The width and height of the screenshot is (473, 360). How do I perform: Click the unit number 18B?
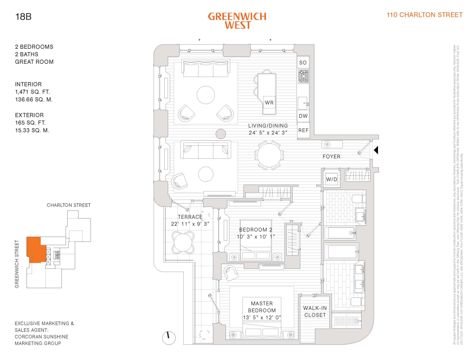click(x=23, y=17)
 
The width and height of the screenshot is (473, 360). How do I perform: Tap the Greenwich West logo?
click(x=237, y=21)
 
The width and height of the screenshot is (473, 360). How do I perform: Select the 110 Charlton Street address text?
click(x=424, y=15)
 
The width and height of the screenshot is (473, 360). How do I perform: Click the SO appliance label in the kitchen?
click(x=303, y=63)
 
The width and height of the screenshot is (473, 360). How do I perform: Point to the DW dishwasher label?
click(x=303, y=116)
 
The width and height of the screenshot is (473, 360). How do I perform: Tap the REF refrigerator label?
click(x=303, y=130)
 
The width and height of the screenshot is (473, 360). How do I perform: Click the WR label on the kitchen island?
click(x=269, y=103)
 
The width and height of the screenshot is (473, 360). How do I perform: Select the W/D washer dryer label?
click(x=332, y=179)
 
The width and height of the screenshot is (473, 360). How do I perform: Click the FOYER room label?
click(x=331, y=157)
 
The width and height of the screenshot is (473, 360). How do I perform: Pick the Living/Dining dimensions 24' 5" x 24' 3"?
click(x=268, y=132)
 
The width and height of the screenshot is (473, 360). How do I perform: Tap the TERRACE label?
click(x=190, y=217)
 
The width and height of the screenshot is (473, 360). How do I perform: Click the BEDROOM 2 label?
click(x=256, y=230)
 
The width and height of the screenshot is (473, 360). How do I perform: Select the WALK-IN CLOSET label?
click(x=315, y=311)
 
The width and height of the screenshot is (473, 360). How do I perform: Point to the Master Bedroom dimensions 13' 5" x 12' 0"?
click(x=262, y=318)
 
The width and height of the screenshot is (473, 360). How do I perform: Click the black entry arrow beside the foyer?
click(x=376, y=150)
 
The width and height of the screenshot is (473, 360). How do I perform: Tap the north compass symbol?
click(x=169, y=338)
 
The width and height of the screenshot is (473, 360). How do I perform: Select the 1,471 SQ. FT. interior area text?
click(x=32, y=92)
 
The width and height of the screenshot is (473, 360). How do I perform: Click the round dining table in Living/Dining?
click(x=269, y=155)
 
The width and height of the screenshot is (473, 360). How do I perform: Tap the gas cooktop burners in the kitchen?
click(x=303, y=76)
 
